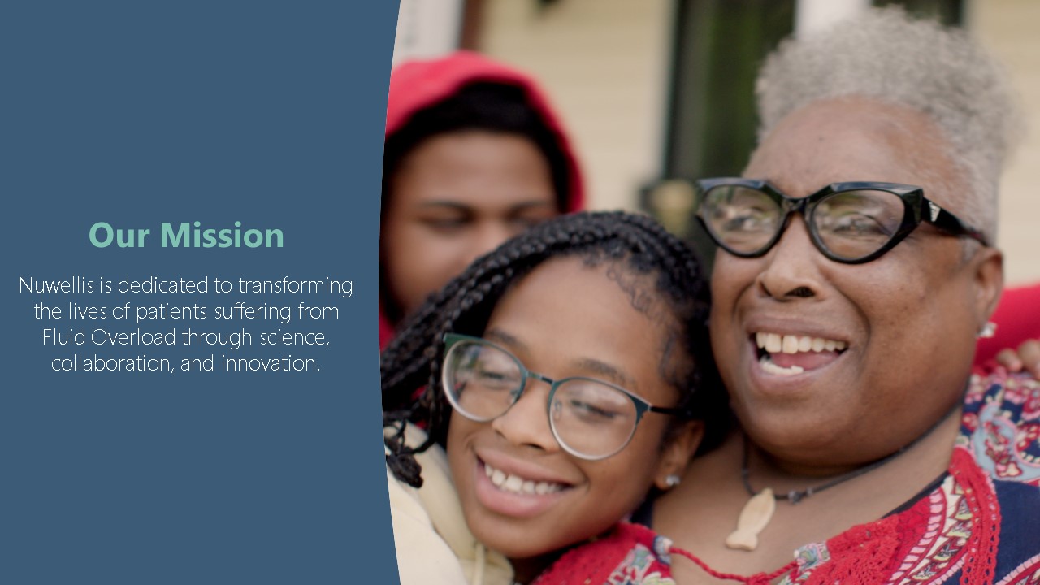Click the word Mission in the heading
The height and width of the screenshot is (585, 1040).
point(222,235)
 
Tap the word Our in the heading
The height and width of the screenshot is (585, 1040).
point(119,236)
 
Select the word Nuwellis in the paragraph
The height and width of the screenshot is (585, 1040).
point(57,285)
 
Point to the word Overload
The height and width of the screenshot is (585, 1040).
point(133,337)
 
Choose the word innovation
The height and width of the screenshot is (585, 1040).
point(271,363)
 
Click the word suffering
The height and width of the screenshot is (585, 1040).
point(253,312)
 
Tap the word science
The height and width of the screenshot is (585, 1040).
point(294,338)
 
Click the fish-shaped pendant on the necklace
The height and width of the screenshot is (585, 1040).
point(752,519)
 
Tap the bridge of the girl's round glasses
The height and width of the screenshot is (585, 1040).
point(539,379)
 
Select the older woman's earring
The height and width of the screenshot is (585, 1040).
point(987,330)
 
